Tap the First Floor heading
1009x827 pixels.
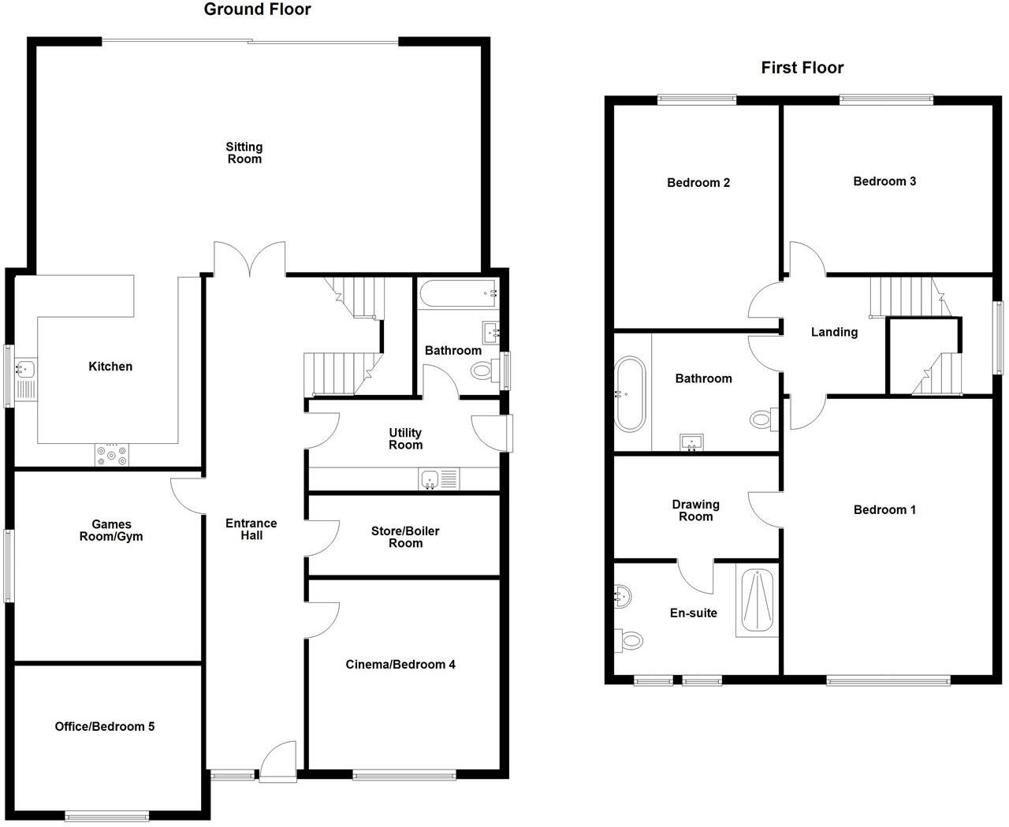click(x=802, y=68)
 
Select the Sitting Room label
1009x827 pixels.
click(x=244, y=153)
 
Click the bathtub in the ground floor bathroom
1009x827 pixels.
click(x=458, y=293)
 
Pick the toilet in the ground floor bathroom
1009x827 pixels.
click(x=482, y=370)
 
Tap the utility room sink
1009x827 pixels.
click(x=430, y=479)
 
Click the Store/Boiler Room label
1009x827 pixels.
click(x=405, y=537)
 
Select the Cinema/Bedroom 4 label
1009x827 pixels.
click(x=400, y=665)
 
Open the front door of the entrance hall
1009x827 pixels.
click(x=277, y=761)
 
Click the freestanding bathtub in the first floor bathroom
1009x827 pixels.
click(x=629, y=394)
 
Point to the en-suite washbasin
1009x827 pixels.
click(x=622, y=596)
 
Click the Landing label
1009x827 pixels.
click(x=834, y=332)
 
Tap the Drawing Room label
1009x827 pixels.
click(x=695, y=510)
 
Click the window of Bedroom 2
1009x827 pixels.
click(x=697, y=99)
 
